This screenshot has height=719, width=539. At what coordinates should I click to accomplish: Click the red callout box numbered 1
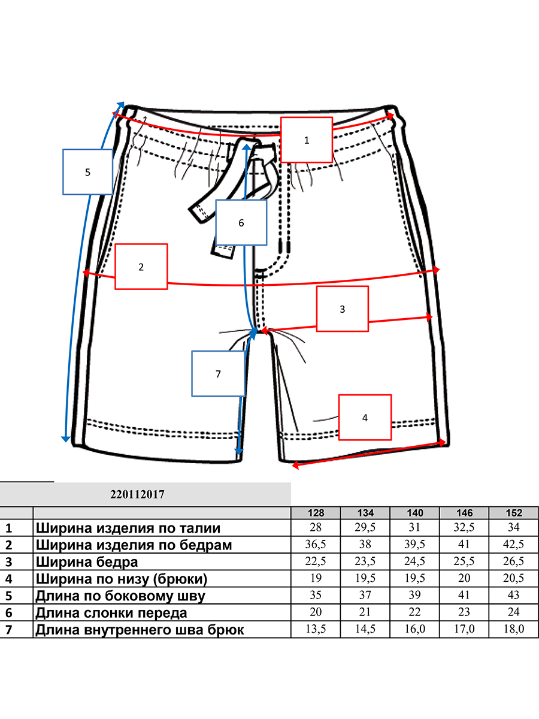click(307, 140)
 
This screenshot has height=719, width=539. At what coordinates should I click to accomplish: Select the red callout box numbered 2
click(141, 267)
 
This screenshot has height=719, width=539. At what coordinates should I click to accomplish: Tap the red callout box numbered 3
click(343, 309)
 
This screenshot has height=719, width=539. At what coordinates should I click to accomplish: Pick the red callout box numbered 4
click(365, 417)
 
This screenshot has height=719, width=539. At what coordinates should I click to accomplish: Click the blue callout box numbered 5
click(87, 172)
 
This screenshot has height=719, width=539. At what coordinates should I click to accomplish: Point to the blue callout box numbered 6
click(241, 223)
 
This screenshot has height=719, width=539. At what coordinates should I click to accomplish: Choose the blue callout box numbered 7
click(218, 374)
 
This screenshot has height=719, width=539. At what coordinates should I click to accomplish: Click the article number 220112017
click(137, 494)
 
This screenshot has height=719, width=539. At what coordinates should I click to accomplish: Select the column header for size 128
click(316, 513)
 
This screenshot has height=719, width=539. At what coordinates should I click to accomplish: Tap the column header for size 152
click(514, 513)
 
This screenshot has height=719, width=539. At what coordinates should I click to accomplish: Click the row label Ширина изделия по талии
click(128, 528)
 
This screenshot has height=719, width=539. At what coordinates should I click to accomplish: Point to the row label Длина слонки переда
click(111, 612)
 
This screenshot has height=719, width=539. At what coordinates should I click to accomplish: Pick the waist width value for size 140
click(414, 527)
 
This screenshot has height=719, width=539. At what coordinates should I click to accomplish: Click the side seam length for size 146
click(464, 595)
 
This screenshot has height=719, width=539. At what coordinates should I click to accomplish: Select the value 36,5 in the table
click(316, 544)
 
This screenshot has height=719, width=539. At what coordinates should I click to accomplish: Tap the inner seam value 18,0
click(514, 629)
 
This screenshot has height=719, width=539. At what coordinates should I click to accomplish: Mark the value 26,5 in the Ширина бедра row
click(514, 561)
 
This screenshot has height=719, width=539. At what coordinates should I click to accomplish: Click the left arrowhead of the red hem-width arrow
click(295, 465)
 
